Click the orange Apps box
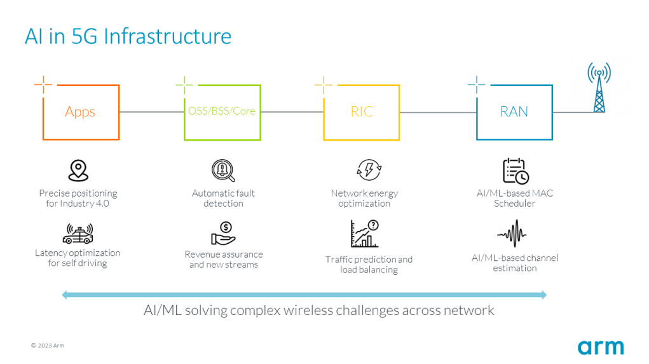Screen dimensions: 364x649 coord(80,112)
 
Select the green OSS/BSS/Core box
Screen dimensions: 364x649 coord(221,112)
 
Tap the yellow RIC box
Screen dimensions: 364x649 coord(362,112)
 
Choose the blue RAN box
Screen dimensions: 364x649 coord(514,112)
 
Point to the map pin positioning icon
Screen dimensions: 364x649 coord(78,171)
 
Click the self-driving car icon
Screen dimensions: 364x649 coord(78,233)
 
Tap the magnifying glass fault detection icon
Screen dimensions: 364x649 coord(223,171)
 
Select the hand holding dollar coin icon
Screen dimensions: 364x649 coord(223,234)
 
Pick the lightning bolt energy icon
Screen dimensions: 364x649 coord(369,171)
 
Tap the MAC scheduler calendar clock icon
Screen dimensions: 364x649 coord(515,171)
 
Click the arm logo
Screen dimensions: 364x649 coord(600,347)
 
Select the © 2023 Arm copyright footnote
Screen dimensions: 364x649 coord(48,346)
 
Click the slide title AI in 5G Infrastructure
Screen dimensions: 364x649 coord(128,36)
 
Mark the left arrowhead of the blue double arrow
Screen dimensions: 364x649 coord(65,295)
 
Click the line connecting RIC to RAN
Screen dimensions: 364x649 coord(438,113)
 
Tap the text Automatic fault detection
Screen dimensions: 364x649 coord(223,198)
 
